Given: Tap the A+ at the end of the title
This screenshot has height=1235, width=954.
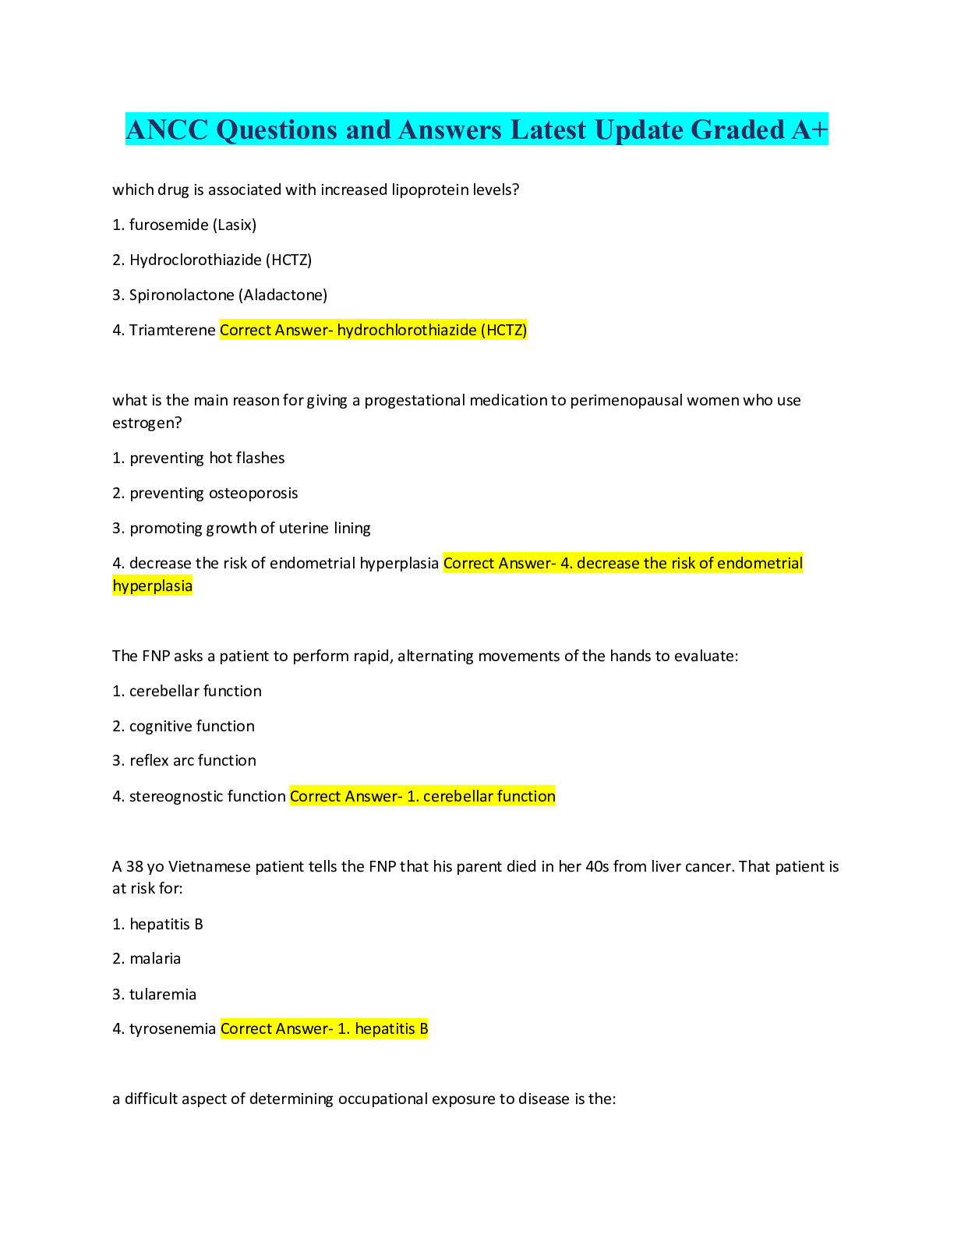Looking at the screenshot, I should (x=810, y=129).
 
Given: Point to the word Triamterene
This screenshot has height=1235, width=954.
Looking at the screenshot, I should (x=172, y=331).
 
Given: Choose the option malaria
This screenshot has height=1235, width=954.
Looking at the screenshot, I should (x=155, y=959).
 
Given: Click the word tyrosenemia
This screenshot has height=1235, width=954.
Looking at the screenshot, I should (x=172, y=1029).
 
